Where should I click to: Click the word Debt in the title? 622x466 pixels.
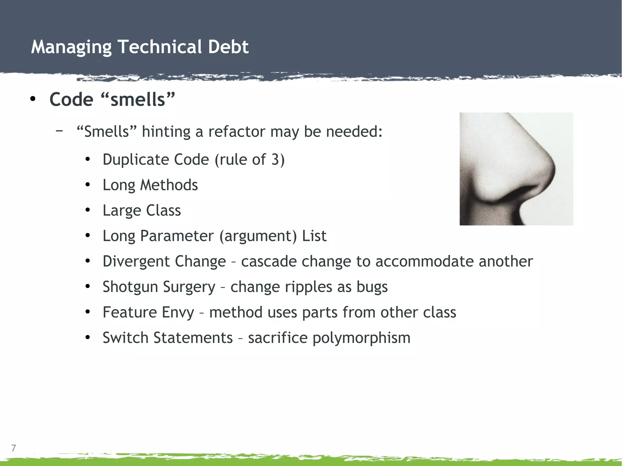coord(228,47)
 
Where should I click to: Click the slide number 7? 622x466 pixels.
coord(13,448)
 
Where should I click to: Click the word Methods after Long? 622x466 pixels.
coord(169,185)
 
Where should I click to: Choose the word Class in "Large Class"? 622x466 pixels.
coord(163,210)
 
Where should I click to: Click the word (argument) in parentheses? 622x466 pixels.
coord(258,236)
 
